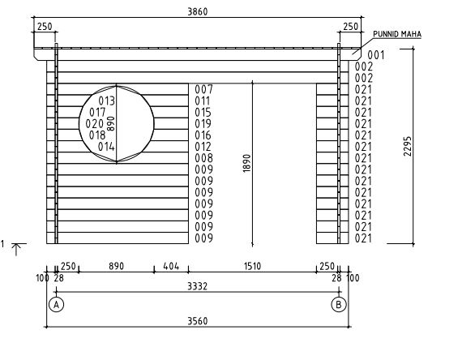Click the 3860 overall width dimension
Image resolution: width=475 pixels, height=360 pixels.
pos(198,11)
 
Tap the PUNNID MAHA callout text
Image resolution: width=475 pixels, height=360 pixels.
pos(397,34)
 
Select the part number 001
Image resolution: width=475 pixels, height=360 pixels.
pos(375,55)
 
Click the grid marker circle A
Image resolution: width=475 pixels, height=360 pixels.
pos(57,305)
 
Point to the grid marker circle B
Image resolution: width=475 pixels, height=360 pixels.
pos(339,305)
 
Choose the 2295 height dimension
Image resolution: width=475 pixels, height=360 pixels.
pos(408,146)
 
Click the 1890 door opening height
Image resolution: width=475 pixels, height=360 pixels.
pos(247,164)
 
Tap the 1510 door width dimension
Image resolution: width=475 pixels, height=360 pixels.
pos(252,266)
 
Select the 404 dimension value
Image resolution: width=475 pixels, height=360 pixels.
pos(171,266)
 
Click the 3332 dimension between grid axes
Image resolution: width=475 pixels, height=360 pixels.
pos(198,286)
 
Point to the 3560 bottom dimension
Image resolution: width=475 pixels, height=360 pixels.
pos(198,321)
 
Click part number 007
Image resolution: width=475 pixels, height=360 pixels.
pos(203,89)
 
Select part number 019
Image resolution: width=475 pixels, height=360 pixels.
pos(203,124)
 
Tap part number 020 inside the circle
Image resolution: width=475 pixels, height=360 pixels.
pos(95,124)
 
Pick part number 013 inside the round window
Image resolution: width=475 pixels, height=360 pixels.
pos(107,101)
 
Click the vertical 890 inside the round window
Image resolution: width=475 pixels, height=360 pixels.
pos(111,123)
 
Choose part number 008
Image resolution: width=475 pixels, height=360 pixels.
pos(203,158)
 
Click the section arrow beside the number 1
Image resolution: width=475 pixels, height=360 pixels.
pos(16,250)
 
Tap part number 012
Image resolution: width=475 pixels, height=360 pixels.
pos(203,147)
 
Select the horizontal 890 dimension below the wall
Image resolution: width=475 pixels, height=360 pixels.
pos(117,266)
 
